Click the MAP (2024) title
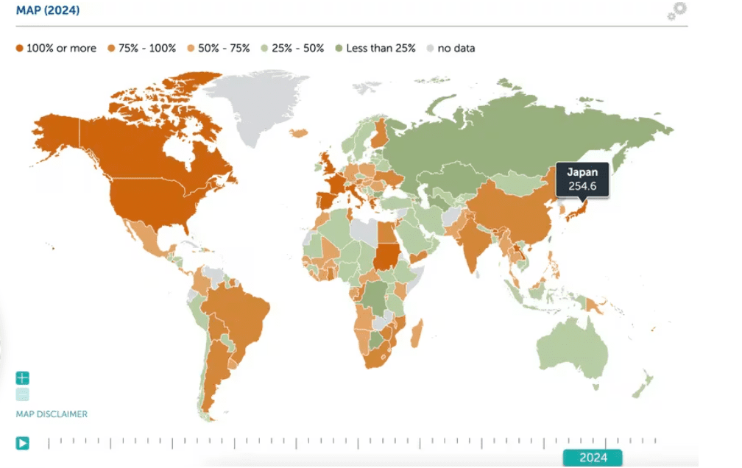coord(48,11)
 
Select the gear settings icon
coord(677,11)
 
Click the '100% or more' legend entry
coord(56,49)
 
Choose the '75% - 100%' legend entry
coord(141,49)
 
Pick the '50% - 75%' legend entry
coord(218,49)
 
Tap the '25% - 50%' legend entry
coord(292,49)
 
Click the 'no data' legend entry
coord(450,49)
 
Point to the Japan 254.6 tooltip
coord(582,179)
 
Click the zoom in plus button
coord(23,378)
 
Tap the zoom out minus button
coord(23,394)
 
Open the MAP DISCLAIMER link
coord(52,414)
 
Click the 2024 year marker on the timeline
coord(593,457)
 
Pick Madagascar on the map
coord(416,334)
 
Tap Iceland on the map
coord(300,133)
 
